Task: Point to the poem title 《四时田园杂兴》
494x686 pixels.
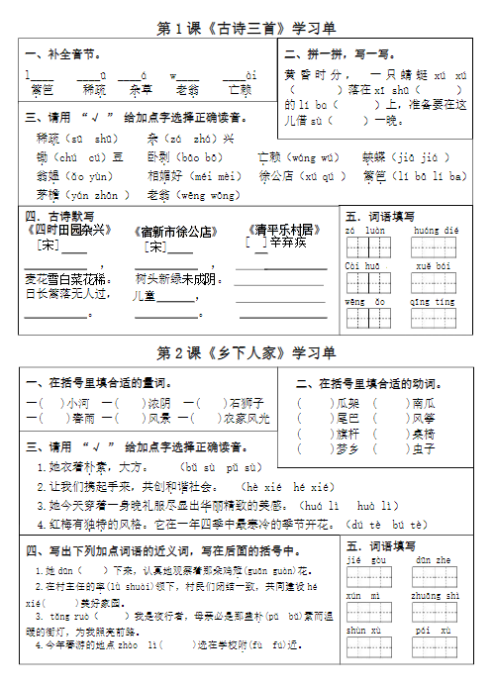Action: (65, 231)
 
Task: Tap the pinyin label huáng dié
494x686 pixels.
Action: (436, 231)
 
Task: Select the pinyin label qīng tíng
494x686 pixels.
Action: (433, 301)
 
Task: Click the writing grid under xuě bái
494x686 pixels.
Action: (433, 284)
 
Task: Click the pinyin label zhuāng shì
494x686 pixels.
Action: (436, 596)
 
